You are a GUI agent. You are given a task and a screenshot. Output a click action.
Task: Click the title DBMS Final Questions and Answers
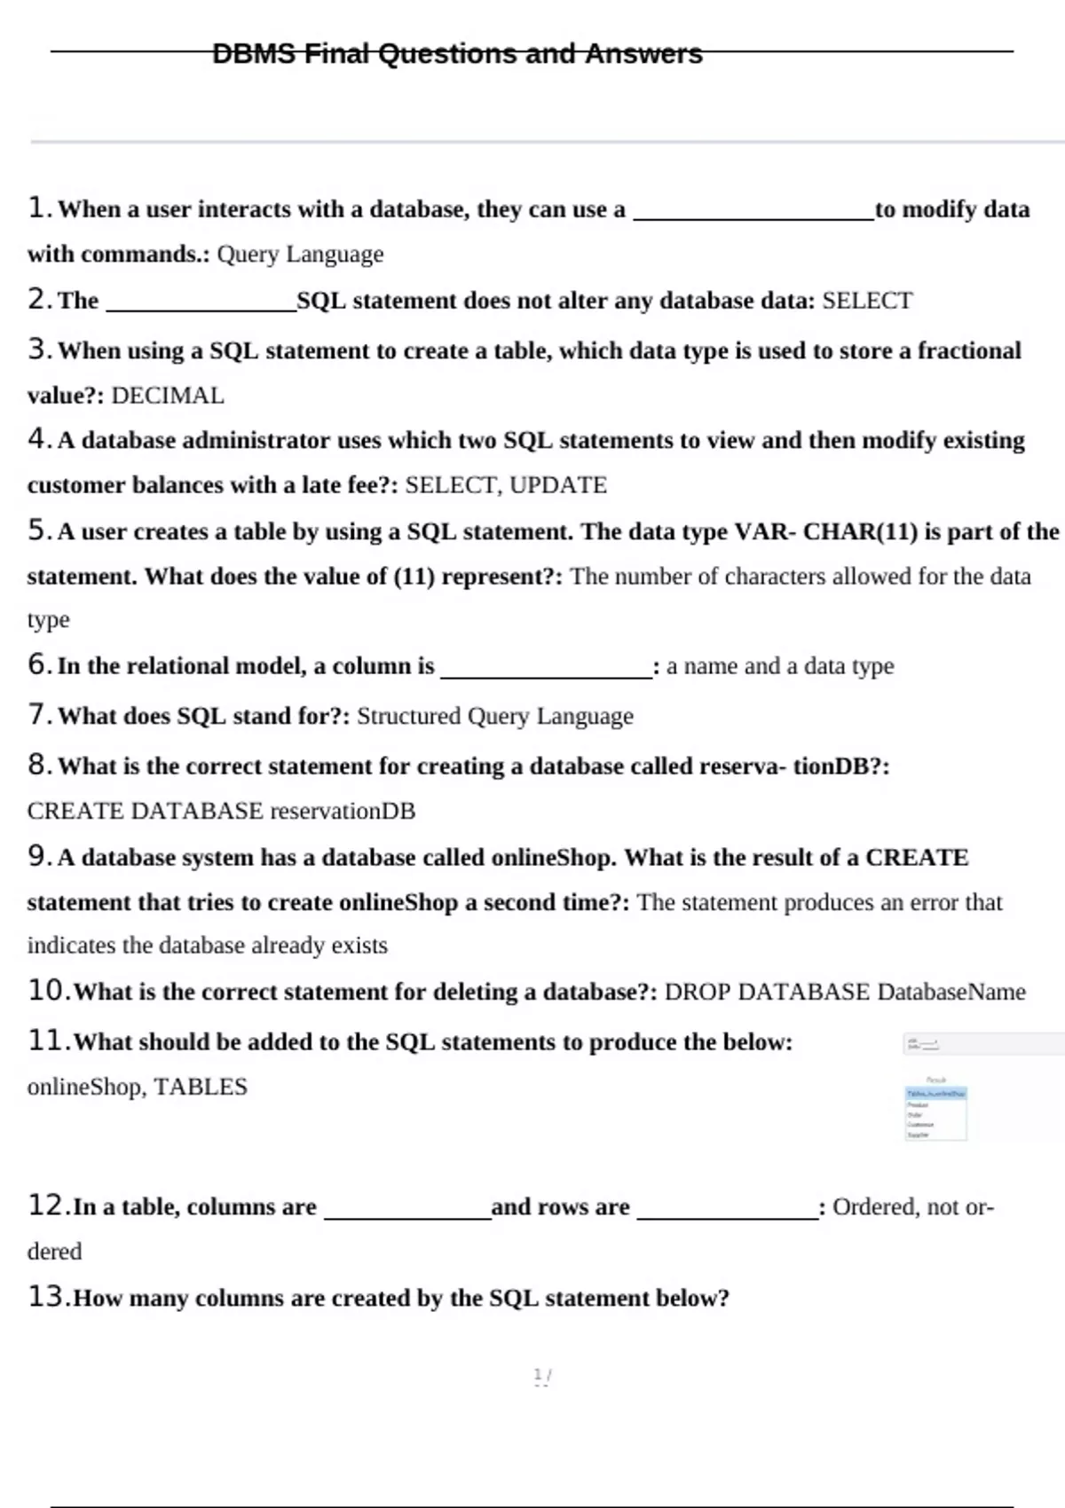pos(457,54)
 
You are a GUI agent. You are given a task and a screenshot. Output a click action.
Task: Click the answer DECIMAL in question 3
pos(168,396)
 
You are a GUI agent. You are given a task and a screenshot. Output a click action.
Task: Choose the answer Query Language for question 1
pos(300,255)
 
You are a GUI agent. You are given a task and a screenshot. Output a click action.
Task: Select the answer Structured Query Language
pos(494,716)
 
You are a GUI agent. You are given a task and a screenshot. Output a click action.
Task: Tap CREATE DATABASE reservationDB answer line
pos(221,811)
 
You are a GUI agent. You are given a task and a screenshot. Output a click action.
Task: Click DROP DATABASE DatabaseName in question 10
pos(844,992)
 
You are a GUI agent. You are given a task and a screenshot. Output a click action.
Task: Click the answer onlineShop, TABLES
pos(137,1087)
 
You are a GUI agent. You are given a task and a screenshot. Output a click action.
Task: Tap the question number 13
pos(48,1297)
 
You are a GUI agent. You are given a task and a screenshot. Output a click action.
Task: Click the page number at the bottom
pos(542,1376)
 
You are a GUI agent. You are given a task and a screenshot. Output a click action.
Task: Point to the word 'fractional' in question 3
pos(969,350)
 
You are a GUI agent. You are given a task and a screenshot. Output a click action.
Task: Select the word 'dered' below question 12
pos(54,1252)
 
